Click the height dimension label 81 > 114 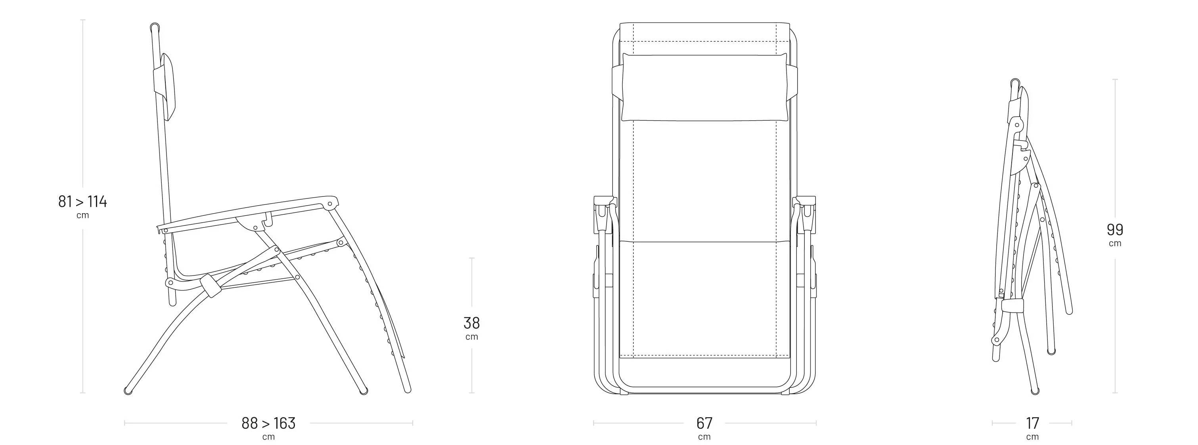pyautogui.click(x=83, y=202)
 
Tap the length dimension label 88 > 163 pyautogui.click(x=268, y=423)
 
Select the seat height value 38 pyautogui.click(x=472, y=323)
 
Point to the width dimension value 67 pyautogui.click(x=704, y=423)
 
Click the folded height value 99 pyautogui.click(x=1115, y=229)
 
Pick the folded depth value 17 pyautogui.click(x=1032, y=423)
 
